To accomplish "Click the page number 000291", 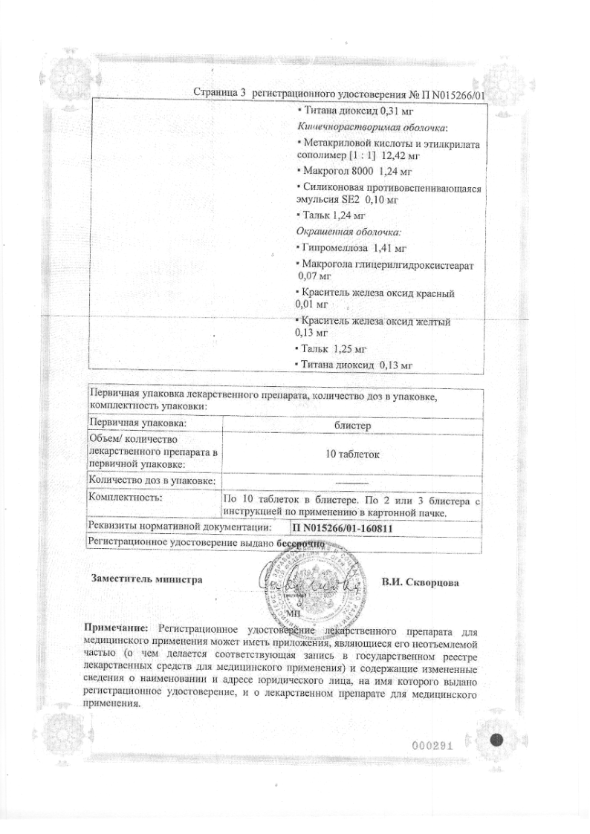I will coord(432,746).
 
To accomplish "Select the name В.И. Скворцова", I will coord(420,582).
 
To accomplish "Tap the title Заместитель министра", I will coord(145,579).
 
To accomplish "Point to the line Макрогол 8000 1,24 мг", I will coord(343,171).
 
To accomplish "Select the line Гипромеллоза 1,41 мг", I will coord(346,247).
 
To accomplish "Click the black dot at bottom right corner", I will coord(498,740).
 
